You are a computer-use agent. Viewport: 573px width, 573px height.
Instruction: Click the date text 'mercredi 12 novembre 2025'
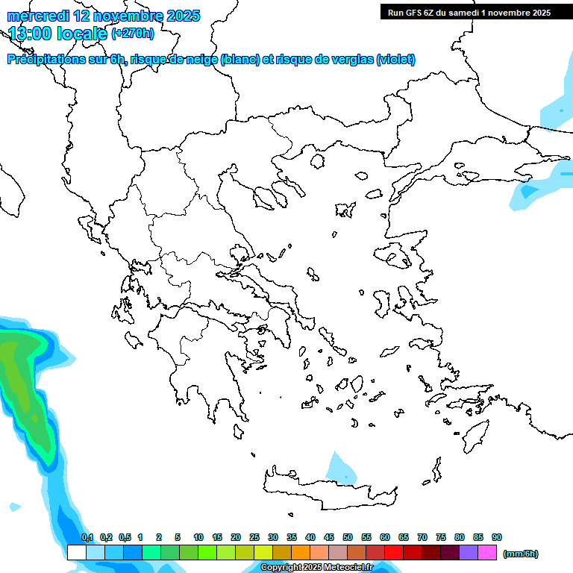coord(103,16)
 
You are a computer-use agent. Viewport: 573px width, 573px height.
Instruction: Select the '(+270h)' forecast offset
coord(133,33)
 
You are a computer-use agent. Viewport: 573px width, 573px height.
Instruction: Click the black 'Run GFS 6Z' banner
coord(466,12)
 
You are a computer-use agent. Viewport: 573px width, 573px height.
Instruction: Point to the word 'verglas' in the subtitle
coord(348,60)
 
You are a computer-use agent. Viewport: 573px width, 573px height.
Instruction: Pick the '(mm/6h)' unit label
coord(520,554)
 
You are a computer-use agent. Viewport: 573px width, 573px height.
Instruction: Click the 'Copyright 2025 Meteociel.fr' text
coord(316,568)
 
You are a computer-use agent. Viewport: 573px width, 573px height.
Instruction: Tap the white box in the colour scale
coord(76,553)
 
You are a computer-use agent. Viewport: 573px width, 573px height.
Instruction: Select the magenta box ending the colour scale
coord(488,553)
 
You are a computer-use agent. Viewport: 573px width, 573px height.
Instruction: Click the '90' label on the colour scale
coord(497,537)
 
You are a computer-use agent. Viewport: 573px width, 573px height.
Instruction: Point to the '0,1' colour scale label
coord(87,537)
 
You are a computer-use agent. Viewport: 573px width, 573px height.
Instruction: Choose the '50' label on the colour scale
coord(348,537)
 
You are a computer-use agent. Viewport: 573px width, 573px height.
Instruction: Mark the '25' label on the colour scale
coord(254,537)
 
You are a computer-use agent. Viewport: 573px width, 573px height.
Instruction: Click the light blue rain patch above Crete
coord(341,469)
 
